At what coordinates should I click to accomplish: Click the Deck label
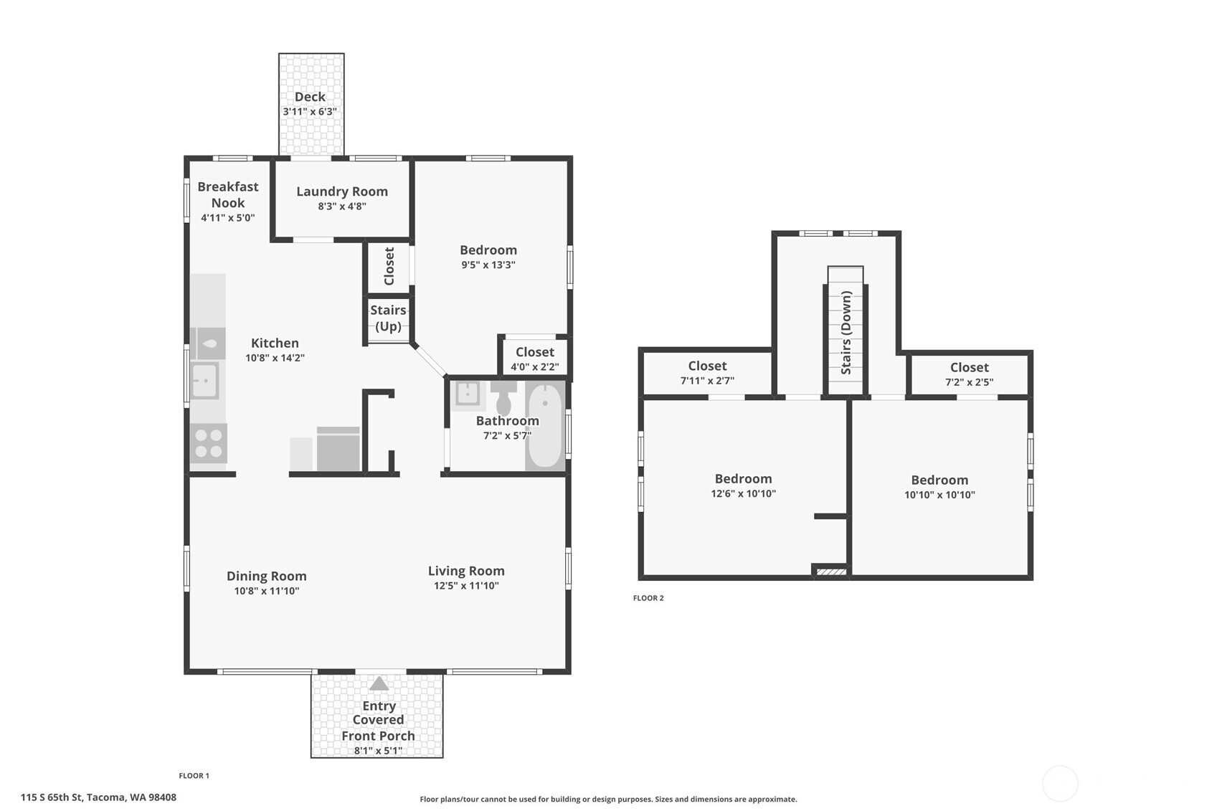[310, 97]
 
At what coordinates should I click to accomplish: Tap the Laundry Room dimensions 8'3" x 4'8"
[342, 207]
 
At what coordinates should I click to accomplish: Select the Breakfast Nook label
[228, 194]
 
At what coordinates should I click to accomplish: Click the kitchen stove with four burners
[208, 442]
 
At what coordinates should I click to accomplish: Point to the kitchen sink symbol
[204, 381]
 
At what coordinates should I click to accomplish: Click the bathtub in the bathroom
[545, 425]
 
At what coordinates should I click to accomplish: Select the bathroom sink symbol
[468, 394]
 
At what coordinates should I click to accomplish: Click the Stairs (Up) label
[388, 318]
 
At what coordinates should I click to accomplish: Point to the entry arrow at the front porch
[379, 684]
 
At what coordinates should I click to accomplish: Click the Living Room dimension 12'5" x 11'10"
[466, 586]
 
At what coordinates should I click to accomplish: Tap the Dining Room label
[267, 576]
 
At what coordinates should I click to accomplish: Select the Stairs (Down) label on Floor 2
[846, 332]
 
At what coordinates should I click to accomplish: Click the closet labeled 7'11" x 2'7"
[707, 374]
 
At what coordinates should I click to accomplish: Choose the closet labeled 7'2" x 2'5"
[969, 375]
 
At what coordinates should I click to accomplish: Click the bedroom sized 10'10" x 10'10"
[939, 487]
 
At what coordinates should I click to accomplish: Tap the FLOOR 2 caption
[648, 598]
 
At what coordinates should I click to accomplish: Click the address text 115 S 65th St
[98, 797]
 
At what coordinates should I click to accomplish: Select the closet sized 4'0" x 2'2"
[534, 359]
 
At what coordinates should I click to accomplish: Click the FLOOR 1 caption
[194, 776]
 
